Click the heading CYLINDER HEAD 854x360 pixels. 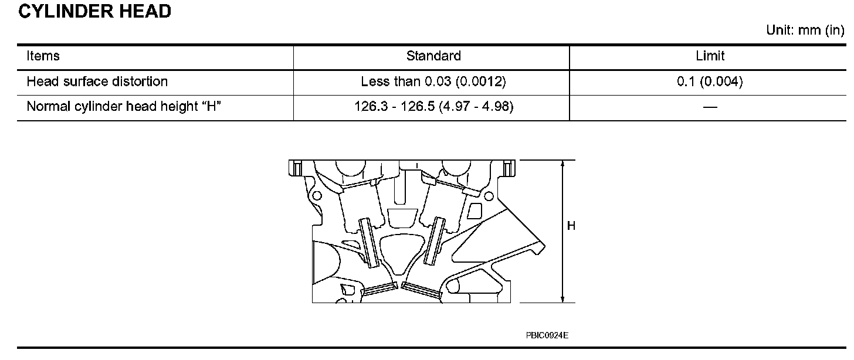(94, 11)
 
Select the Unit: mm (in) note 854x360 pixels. (805, 30)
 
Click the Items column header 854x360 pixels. (43, 56)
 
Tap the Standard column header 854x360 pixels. (433, 56)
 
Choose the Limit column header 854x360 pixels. (710, 56)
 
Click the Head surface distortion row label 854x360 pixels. (97, 81)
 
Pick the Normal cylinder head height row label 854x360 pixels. (124, 106)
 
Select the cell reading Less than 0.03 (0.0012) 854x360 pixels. (433, 81)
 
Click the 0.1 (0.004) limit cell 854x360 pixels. (710, 81)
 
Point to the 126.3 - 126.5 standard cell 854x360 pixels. (434, 106)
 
